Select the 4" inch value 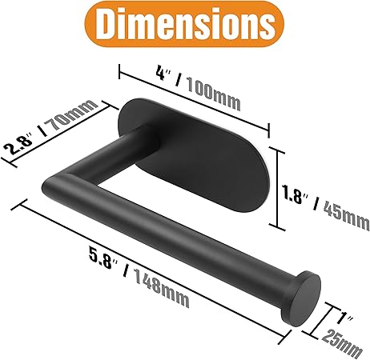coord(164,74)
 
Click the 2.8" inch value coord(21,145)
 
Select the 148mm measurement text coord(160,289)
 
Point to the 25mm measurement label coord(342,344)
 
